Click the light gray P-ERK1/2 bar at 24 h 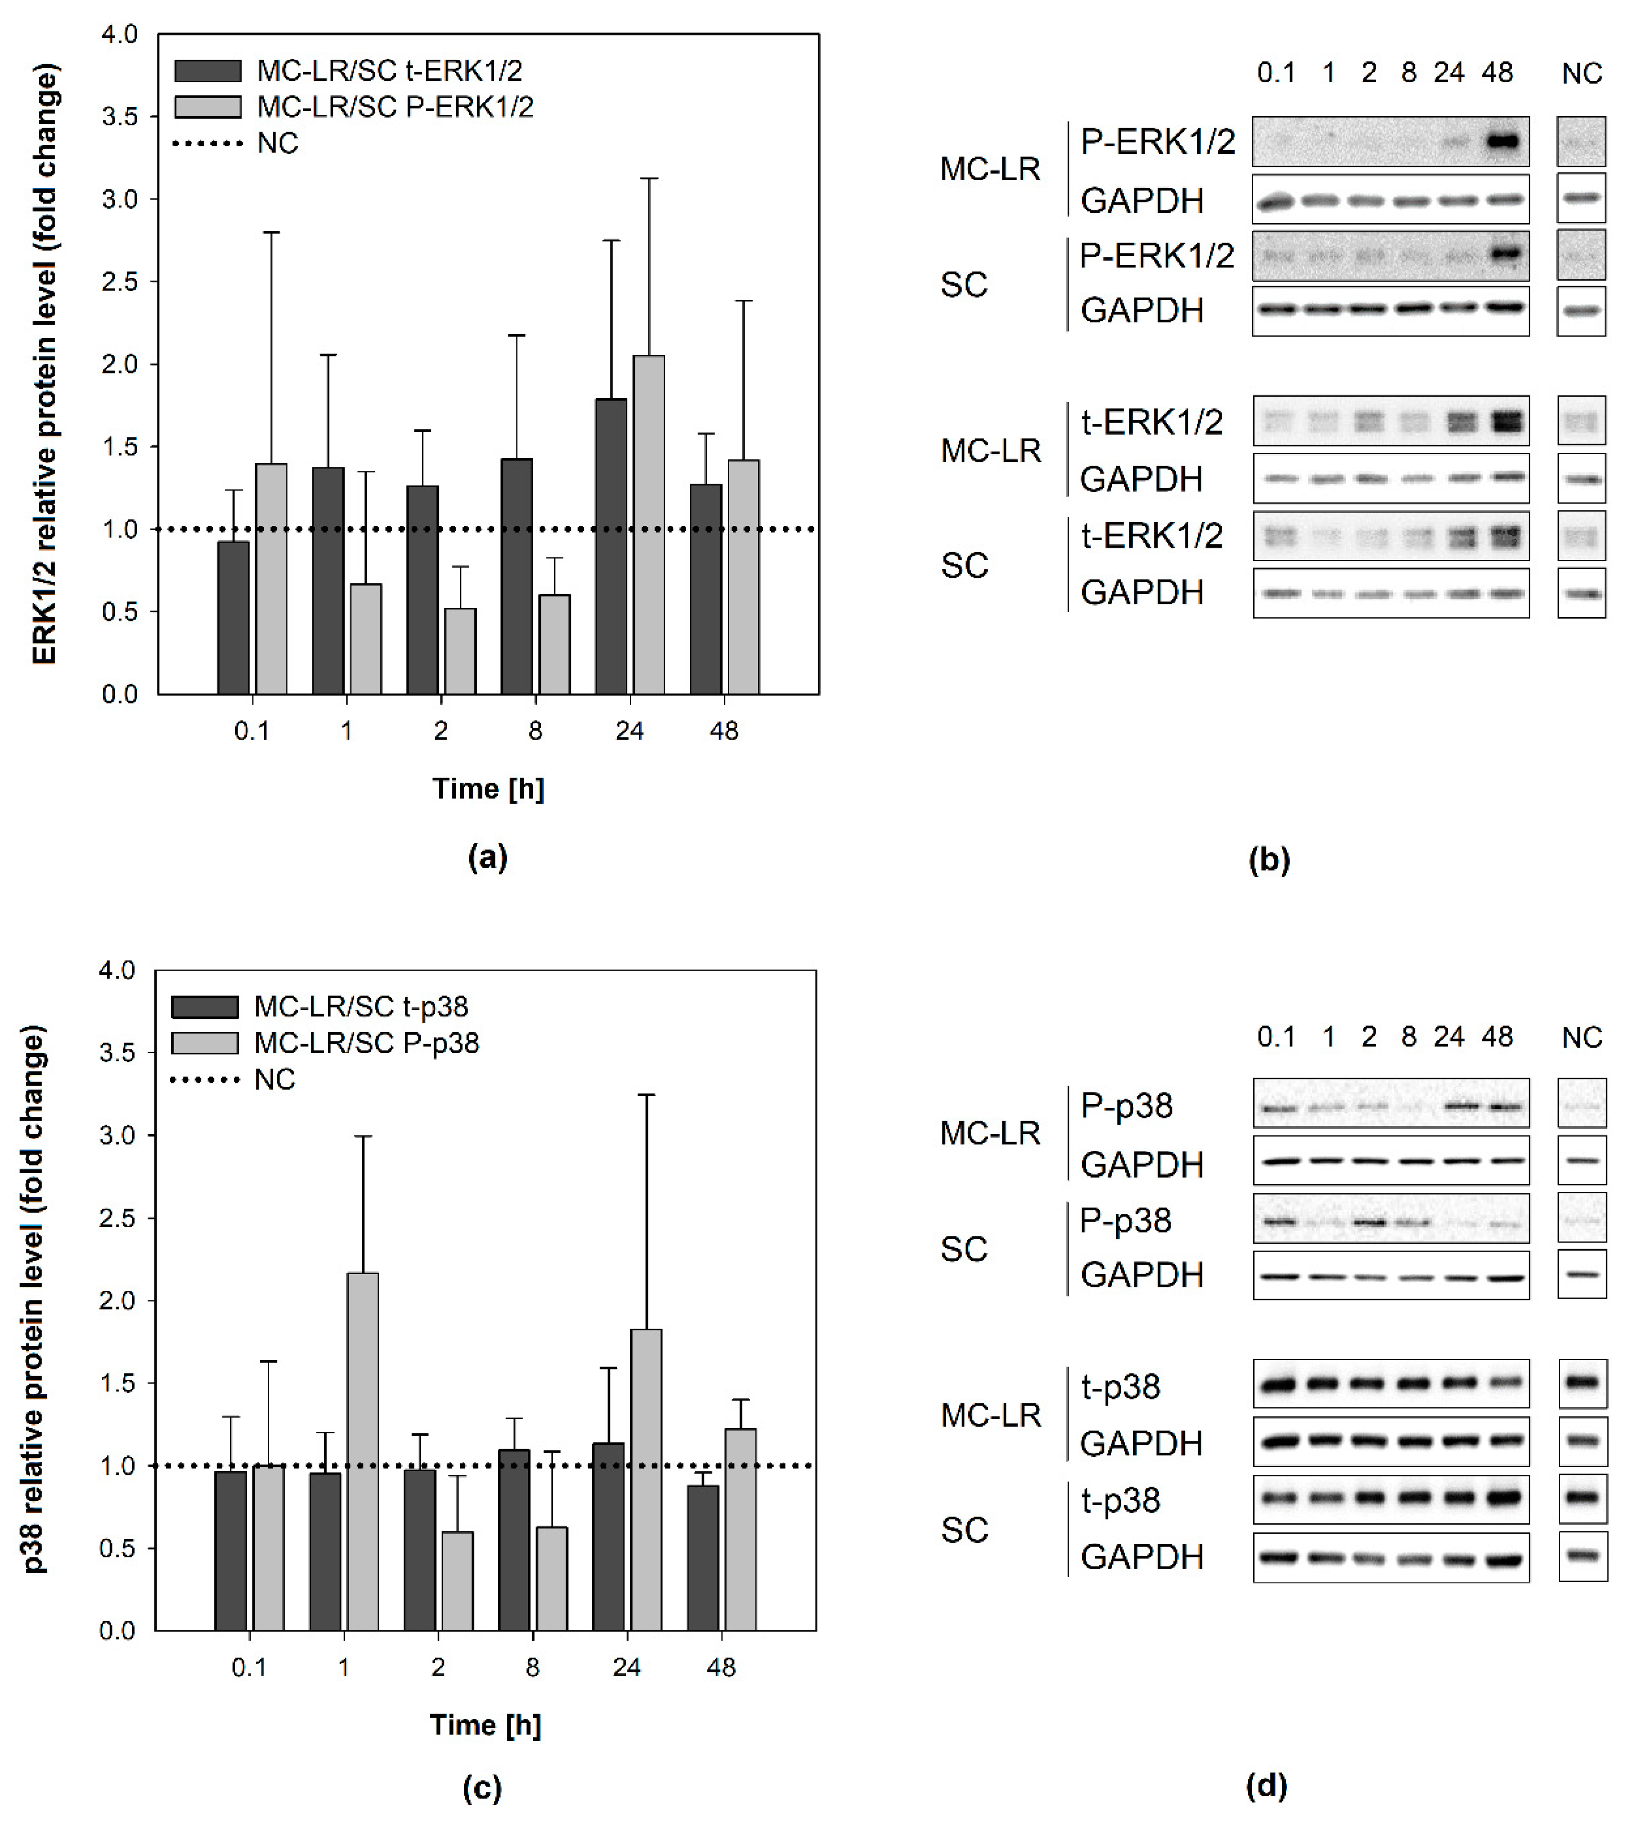pos(648,524)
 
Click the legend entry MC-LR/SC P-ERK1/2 pos(394,107)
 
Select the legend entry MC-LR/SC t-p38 pos(360,1006)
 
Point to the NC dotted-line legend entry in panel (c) pos(274,1079)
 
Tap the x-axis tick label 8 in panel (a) pos(535,731)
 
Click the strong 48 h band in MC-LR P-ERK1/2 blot pos(1502,141)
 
